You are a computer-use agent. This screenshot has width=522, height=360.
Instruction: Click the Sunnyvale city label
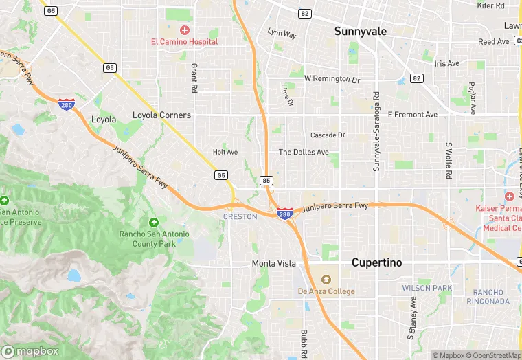coord(361,31)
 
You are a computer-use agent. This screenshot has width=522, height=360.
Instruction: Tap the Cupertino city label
coord(376,262)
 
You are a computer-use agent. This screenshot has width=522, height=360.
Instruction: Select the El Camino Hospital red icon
coord(184,30)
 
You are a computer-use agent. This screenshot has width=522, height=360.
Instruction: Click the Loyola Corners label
coord(161,115)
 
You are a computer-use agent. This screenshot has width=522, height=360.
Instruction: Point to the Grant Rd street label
coord(194,78)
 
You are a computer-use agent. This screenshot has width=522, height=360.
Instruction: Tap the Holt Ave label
coord(225,152)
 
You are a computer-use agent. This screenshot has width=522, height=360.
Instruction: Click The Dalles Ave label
coord(304,152)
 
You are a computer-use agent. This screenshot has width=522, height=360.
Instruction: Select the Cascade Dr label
coord(328,135)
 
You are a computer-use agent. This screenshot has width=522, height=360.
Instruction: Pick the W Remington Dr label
coord(332,79)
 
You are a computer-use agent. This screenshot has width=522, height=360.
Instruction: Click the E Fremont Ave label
coord(412,115)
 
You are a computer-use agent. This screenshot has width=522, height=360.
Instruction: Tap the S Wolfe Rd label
coord(448,161)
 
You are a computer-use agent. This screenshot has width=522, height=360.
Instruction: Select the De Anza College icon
coord(326,280)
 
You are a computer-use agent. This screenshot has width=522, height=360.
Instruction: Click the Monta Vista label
coord(273,264)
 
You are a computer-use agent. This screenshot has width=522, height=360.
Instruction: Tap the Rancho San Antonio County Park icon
coord(153,222)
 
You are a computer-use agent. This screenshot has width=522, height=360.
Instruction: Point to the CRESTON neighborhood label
coord(240,216)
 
